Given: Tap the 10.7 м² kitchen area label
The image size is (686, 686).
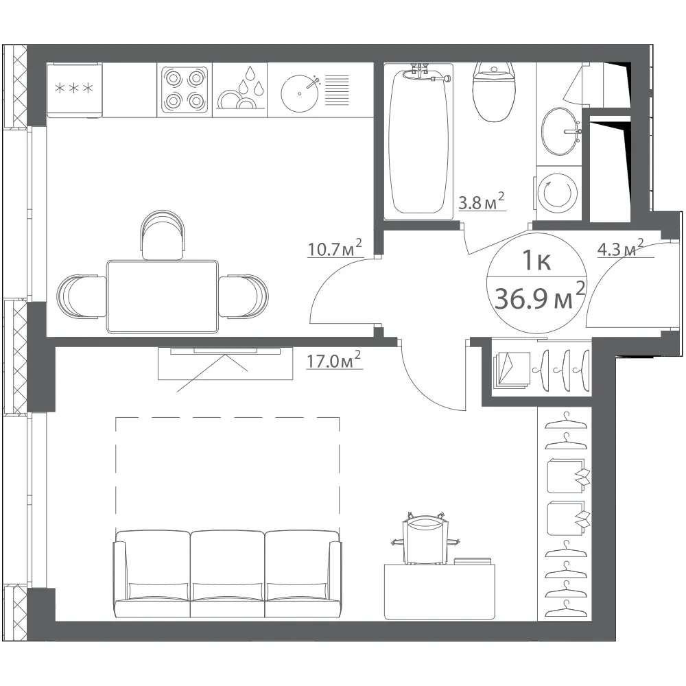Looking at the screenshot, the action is [x=335, y=248].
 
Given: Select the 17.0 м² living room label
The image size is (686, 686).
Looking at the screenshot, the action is [x=333, y=360].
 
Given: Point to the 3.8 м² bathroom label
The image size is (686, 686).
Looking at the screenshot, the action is [x=482, y=202].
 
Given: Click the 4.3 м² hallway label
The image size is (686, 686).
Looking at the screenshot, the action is [x=620, y=248].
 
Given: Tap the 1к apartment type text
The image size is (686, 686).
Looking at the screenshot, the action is [x=536, y=261].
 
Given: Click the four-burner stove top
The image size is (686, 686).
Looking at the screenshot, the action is [x=184, y=90].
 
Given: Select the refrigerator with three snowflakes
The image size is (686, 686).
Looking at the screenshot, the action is [x=74, y=90].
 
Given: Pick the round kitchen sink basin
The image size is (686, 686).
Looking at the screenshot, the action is [x=300, y=93].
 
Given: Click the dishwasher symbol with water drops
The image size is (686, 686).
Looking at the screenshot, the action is [x=240, y=90].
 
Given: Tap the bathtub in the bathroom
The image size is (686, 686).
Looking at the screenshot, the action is [x=418, y=141].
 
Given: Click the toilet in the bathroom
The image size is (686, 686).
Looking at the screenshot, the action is [x=493, y=91].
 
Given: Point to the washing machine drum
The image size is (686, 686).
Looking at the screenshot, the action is [x=557, y=193].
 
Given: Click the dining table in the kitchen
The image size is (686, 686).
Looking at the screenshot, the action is [x=163, y=296].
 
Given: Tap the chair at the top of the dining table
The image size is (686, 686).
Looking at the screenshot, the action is [x=163, y=235].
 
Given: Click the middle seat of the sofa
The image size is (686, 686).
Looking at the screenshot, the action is [x=228, y=574].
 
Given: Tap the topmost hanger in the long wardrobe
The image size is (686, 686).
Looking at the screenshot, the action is [x=565, y=421].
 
